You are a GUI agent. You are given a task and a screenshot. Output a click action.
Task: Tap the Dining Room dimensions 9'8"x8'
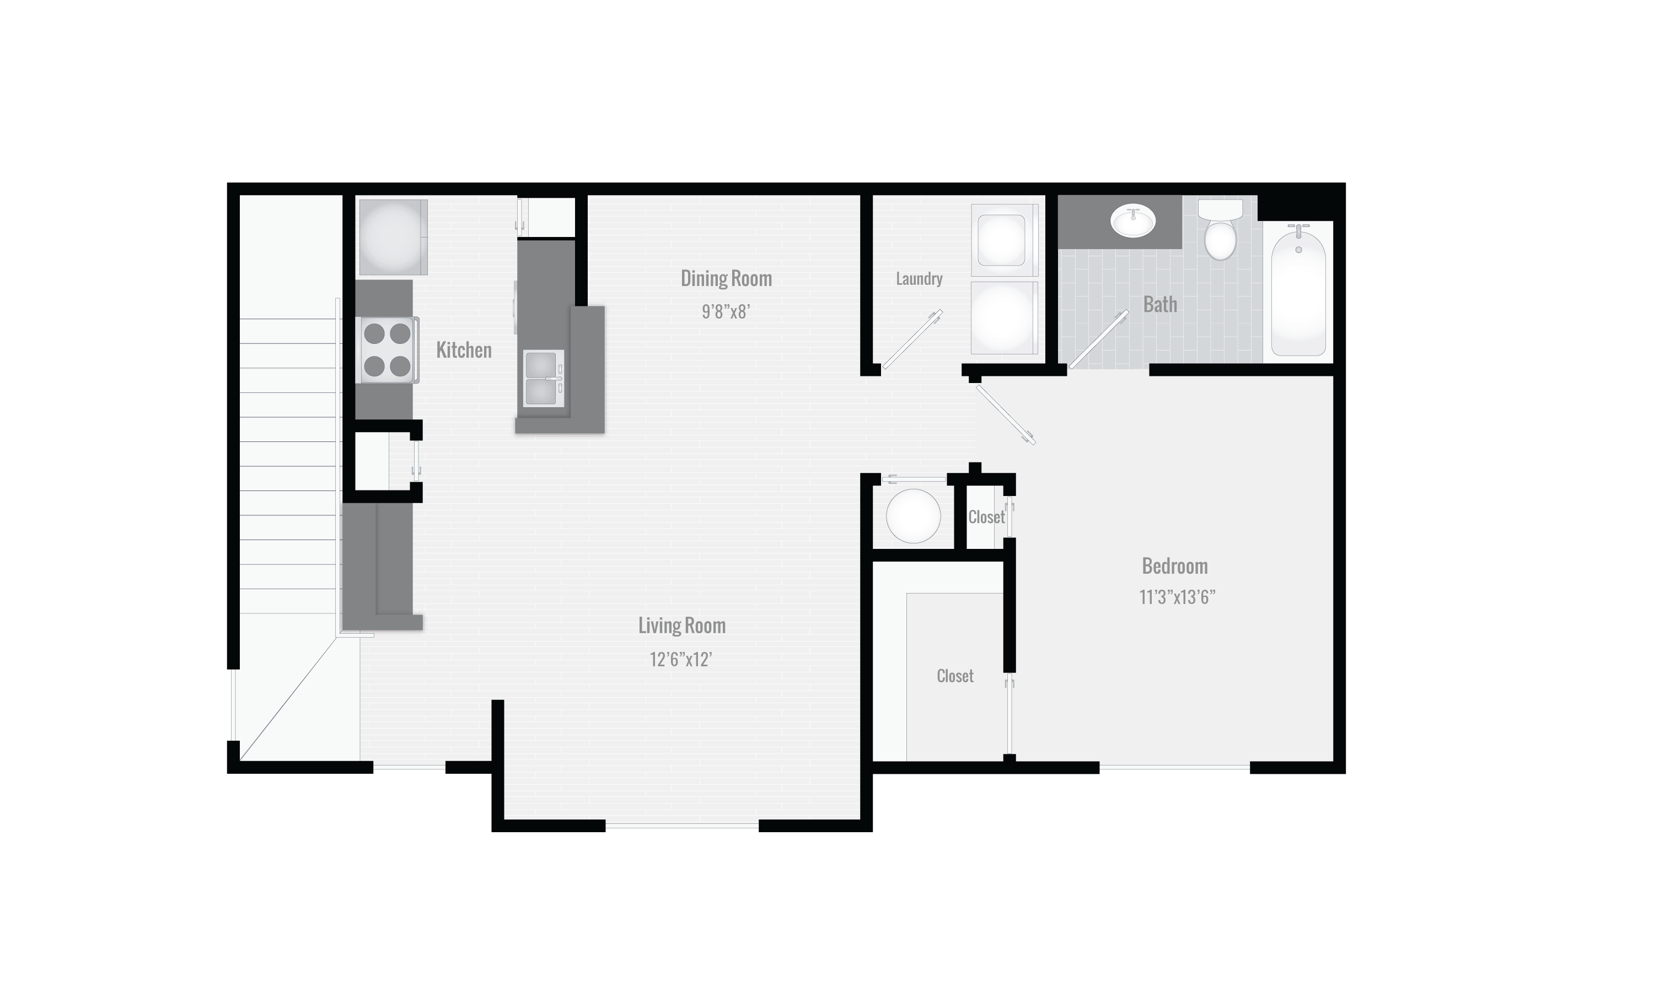[x=726, y=312]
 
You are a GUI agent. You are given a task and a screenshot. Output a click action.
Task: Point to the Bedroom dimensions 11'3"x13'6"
[x=1177, y=597]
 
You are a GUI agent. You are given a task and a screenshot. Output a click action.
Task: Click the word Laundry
[x=919, y=279]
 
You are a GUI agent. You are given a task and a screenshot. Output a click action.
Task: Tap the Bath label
[x=1160, y=305]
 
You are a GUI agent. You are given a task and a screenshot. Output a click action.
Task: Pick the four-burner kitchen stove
[x=388, y=349]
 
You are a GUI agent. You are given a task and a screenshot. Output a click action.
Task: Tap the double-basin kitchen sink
[x=544, y=379]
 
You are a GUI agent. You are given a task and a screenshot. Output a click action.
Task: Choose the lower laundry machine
[x=1002, y=317]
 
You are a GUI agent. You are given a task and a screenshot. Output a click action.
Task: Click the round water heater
[x=912, y=515]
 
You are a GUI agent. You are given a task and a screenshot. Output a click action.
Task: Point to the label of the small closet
[x=986, y=517]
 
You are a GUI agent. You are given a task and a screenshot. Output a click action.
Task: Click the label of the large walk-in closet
[x=955, y=676]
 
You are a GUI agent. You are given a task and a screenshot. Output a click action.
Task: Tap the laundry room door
[x=912, y=339]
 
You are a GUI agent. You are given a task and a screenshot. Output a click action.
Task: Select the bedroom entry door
[x=1006, y=415]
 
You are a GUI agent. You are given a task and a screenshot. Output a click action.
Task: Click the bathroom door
[x=1098, y=339]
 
